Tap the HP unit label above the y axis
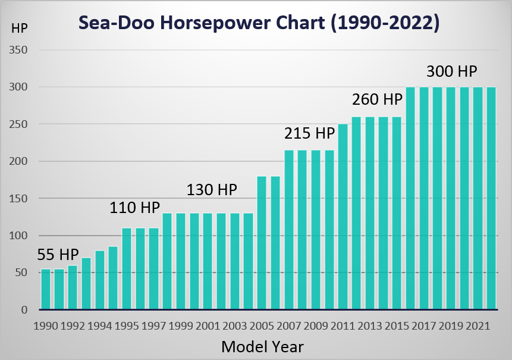coord(19,29)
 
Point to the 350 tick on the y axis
coord(18,50)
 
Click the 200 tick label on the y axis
coord(18,161)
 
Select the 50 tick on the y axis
coord(21,273)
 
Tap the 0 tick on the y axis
coord(24,309)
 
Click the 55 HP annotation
coord(58,255)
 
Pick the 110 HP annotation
coord(134,208)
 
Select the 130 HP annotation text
coord(212,189)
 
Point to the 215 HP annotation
coord(310,133)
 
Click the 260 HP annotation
coord(377,99)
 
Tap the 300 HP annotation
coord(452,71)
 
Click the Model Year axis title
coord(262,346)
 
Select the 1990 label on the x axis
coord(46,325)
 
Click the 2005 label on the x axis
coord(262,325)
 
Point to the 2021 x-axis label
coord(478,325)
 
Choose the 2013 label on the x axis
coord(370,325)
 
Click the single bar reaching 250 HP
coord(343,217)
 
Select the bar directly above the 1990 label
coord(46,289)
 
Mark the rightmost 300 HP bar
coord(491,198)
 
